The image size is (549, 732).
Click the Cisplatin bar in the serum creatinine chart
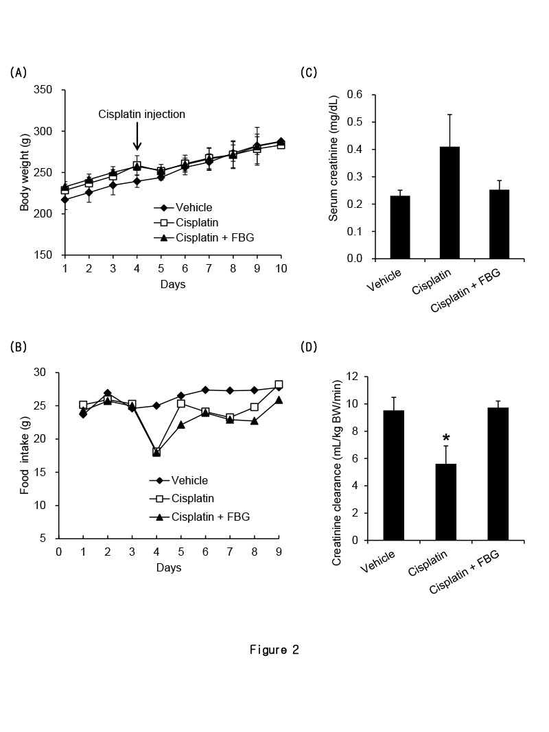441,203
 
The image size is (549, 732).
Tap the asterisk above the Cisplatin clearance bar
446,438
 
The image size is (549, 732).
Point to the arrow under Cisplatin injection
137,136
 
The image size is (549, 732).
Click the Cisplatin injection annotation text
141,114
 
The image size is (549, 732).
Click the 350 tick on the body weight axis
45,90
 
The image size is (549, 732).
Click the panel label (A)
19,72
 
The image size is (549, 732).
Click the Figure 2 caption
274,650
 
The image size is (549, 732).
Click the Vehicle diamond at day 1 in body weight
65,200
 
